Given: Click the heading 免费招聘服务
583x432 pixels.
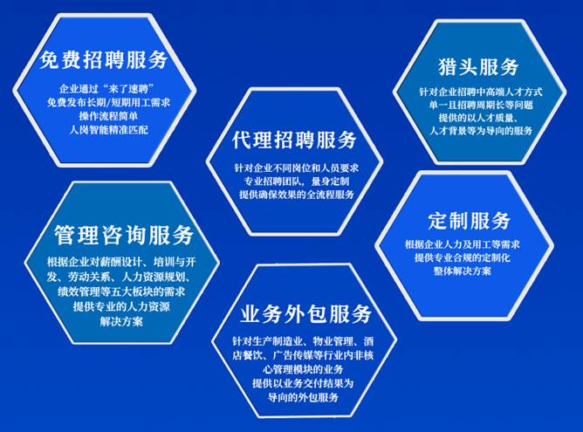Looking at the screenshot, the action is (x=103, y=59).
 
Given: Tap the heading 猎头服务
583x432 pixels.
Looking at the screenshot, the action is (x=478, y=67).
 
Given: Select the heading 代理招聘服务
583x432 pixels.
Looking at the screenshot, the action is (x=294, y=141).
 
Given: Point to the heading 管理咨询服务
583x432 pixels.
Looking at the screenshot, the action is (x=124, y=235).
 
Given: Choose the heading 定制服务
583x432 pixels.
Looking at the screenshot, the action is (x=469, y=221).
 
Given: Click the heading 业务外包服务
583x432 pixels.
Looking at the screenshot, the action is (x=305, y=314).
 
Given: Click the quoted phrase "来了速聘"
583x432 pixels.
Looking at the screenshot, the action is (x=130, y=89).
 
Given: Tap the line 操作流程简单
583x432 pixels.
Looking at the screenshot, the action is (x=108, y=116).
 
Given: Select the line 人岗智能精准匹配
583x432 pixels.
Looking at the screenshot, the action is (x=109, y=130).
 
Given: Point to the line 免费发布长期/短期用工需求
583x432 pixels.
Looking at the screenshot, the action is (x=108, y=102).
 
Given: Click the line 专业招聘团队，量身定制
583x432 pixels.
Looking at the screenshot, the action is (x=297, y=182).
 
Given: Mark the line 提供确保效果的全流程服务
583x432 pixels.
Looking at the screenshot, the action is (x=297, y=195).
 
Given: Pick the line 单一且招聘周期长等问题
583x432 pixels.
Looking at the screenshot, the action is (x=481, y=105).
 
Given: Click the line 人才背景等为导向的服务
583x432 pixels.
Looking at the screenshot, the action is (x=481, y=131).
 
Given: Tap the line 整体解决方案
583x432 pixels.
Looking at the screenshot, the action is (x=463, y=271).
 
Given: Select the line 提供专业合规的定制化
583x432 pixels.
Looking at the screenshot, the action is (x=463, y=257).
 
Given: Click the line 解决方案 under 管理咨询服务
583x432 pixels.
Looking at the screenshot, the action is (x=121, y=321).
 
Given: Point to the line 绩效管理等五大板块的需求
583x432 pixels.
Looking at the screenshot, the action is (x=121, y=291).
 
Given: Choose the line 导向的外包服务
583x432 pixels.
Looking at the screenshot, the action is (x=303, y=397).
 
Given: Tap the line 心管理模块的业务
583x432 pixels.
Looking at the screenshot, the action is (x=303, y=369).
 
